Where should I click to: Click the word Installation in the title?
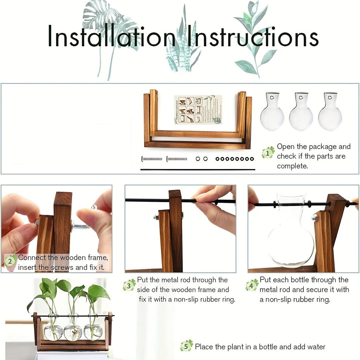tap(111, 36)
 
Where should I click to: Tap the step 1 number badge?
tap(268, 153)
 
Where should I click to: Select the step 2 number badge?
tap(11, 261)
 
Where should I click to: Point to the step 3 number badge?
tap(129, 285)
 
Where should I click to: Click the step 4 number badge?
tap(252, 285)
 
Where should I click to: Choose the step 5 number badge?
tap(186, 346)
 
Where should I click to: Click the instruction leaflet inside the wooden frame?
tap(199, 110)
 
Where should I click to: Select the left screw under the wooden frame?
tap(152, 159)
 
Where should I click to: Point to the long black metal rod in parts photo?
tap(198, 169)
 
